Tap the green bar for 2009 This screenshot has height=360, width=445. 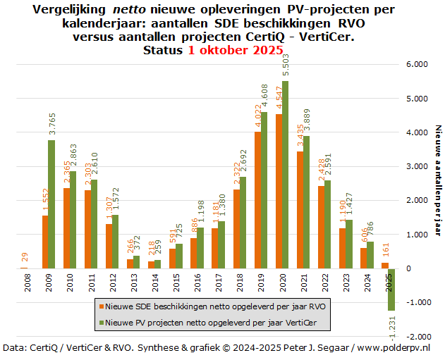pos(51,204)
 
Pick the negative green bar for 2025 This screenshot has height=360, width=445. pos(391,290)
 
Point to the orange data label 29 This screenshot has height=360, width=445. pos(25,258)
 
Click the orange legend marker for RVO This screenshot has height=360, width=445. pos(102,307)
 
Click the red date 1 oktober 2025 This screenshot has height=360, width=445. pos(235,50)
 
